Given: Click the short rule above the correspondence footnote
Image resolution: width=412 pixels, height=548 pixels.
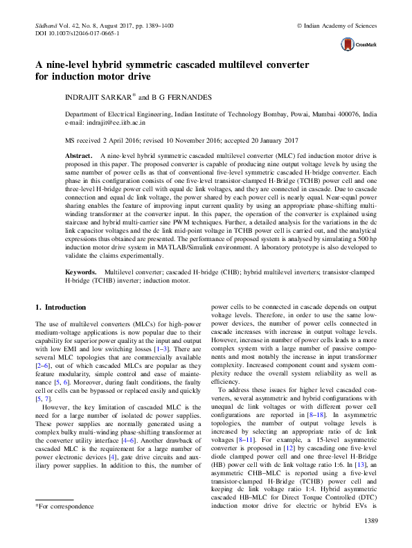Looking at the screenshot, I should pyautogui.click(x=54, y=518).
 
